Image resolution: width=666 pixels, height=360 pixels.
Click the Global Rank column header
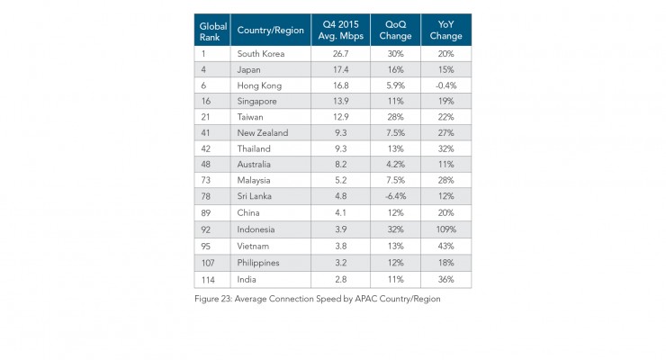point(212,30)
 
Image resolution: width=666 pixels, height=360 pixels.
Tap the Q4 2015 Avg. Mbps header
point(335,30)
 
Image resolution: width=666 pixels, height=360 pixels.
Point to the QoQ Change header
point(395,30)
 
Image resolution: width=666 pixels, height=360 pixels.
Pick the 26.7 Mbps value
point(335,53)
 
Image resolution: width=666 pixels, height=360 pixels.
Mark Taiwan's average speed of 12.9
point(335,117)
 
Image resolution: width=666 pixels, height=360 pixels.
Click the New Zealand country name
point(263,133)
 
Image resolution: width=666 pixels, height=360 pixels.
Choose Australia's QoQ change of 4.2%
point(395,165)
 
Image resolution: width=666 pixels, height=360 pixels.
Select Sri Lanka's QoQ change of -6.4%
point(395,196)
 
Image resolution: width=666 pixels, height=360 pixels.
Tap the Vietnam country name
point(254,245)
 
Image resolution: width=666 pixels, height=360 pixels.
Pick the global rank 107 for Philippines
point(206,261)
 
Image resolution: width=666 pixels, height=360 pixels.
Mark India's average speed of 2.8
point(335,277)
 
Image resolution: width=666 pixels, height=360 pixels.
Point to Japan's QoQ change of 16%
point(395,69)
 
